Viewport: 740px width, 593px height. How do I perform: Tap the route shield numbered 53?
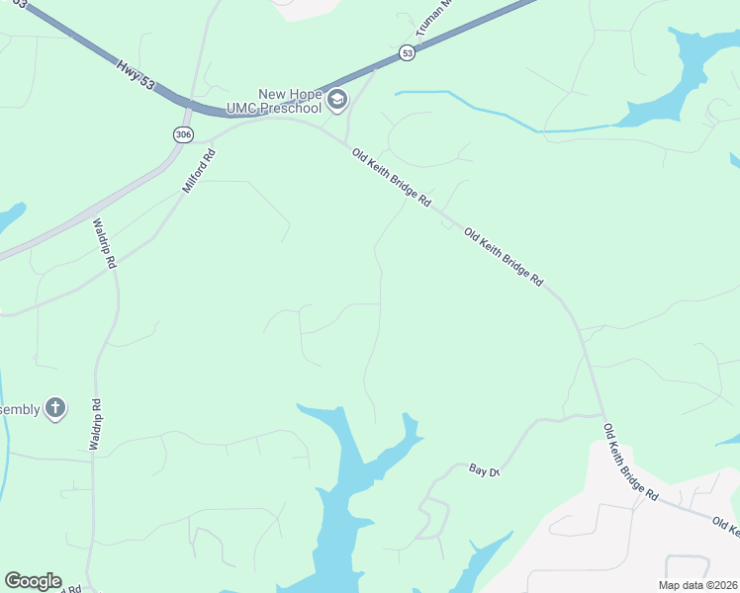(x=407, y=53)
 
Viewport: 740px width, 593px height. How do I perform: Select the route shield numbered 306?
(x=182, y=134)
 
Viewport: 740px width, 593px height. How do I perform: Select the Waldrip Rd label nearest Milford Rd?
(x=106, y=244)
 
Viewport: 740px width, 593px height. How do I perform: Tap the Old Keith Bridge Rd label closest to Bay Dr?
(x=631, y=462)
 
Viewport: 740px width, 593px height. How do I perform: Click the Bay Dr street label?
(x=485, y=471)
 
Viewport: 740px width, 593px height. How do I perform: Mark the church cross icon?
(x=55, y=407)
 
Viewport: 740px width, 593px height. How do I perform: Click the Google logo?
(x=33, y=581)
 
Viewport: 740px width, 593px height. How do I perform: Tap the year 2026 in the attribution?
(x=724, y=584)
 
